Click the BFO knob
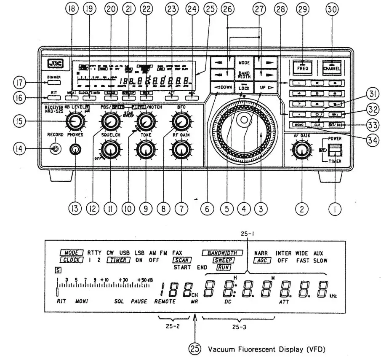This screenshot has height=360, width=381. click(181, 122)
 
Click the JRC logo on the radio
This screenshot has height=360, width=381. click(55, 64)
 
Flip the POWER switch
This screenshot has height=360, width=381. click(335, 150)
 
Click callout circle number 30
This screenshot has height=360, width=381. click(335, 10)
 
